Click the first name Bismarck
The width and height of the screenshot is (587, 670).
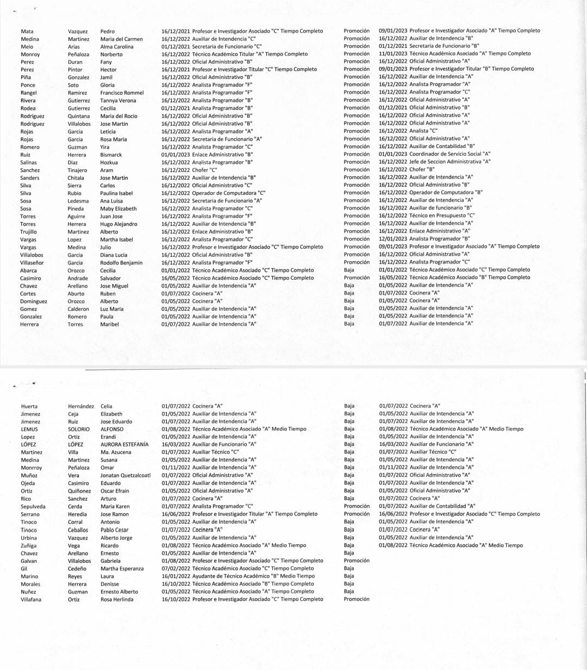111,155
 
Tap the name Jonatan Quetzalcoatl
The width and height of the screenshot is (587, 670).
126,475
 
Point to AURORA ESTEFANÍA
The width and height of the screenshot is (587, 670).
124,444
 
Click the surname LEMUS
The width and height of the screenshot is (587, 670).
29,429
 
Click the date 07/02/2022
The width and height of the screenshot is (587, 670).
176,568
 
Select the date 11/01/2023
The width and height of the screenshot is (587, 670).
393,54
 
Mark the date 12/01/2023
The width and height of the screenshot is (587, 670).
393,238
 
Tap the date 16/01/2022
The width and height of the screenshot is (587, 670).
176,576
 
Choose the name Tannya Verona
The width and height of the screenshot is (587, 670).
118,100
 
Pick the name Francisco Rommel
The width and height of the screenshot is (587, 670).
122,93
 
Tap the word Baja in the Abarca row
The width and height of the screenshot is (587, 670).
349,269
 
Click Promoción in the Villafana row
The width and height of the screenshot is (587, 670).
357,599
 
